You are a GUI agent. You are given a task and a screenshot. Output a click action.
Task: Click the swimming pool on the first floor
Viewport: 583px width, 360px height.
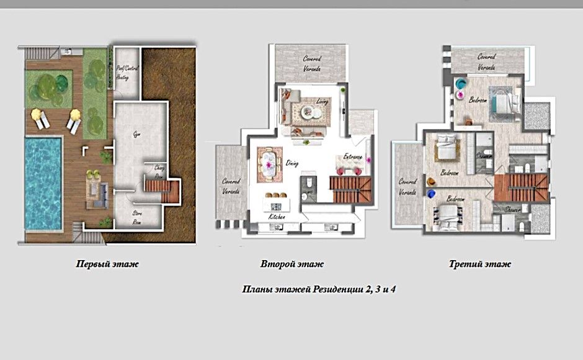(43, 183)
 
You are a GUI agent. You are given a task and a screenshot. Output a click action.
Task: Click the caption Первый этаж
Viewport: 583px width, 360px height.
(107, 264)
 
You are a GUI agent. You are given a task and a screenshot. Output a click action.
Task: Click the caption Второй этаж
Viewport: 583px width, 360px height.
(293, 264)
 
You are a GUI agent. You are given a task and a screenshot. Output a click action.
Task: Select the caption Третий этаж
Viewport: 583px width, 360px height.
(480, 264)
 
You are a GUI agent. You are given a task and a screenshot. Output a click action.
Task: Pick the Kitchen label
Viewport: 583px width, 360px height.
(277, 218)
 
